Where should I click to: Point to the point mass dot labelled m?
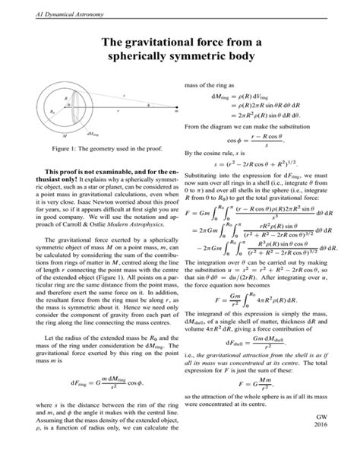pyautogui.click(x=176, y=108)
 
